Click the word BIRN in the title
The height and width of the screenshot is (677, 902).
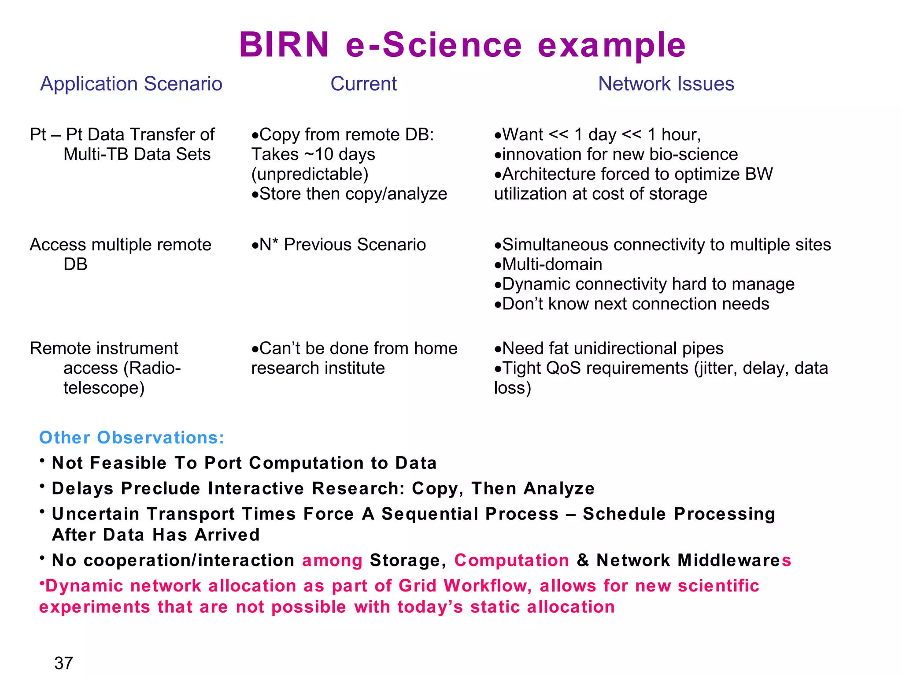[284, 45]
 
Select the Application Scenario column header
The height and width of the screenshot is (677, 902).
[131, 84]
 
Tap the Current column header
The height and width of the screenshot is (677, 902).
[363, 84]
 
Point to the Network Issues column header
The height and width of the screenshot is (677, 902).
[666, 84]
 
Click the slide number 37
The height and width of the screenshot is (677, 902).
[63, 663]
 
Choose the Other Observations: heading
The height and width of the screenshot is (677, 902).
[132, 438]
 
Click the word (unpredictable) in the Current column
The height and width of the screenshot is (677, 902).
[310, 174]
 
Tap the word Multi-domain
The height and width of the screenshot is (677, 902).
[552, 264]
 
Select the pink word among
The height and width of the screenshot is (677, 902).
[332, 560]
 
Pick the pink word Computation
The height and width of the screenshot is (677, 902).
[512, 560]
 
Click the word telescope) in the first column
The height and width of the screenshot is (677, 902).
[104, 388]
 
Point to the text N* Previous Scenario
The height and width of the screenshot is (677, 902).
[342, 245]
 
